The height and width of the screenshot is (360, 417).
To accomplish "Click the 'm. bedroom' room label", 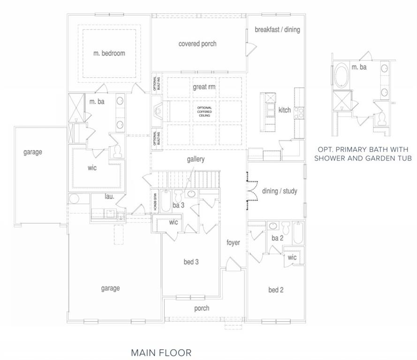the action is click(x=109, y=53).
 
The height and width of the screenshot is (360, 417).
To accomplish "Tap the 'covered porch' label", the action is click(x=197, y=44).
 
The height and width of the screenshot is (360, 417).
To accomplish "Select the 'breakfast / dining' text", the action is click(x=277, y=30).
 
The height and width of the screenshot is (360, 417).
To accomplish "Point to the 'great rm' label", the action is click(x=204, y=87).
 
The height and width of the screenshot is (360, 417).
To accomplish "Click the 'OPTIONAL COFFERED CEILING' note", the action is click(x=205, y=112).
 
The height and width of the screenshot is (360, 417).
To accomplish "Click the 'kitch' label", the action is click(x=285, y=110).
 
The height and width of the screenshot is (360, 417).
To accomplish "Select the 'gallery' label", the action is click(x=196, y=159).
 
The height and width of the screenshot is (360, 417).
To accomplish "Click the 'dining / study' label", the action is click(x=280, y=191).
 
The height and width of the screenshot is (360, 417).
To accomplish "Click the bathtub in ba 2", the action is click(x=298, y=233).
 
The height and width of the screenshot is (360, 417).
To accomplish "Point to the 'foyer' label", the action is click(x=233, y=242).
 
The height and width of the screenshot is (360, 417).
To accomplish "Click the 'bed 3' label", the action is click(x=191, y=262).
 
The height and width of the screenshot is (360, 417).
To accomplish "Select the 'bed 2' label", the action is click(x=276, y=290).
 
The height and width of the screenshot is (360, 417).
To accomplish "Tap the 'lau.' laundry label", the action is click(x=109, y=196).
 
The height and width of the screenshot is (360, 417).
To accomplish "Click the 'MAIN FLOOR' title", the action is click(x=161, y=353).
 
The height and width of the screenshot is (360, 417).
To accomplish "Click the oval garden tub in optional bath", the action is click(x=341, y=75).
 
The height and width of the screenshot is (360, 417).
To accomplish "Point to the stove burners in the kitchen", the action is click(x=299, y=112).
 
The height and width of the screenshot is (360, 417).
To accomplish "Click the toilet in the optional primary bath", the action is click(x=382, y=119).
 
